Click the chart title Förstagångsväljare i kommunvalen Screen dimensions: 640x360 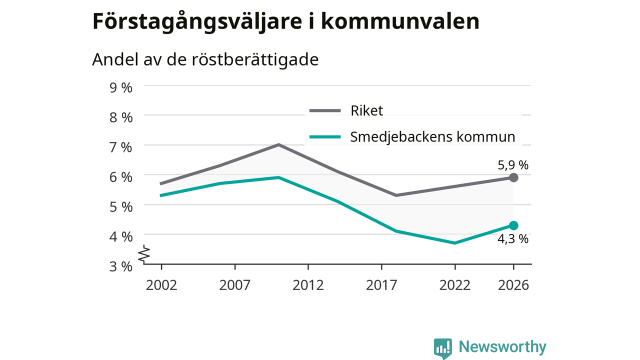pos(285,21)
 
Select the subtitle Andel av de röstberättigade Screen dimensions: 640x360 pos(205,59)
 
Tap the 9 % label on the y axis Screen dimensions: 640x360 pos(121,87)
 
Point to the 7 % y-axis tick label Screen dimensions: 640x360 pos(121,147)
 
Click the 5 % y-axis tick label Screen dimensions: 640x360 pos(121,206)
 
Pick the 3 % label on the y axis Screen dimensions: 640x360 pos(121,266)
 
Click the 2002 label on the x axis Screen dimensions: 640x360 pos(161,285)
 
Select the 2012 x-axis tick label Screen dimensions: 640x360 pos(308,285)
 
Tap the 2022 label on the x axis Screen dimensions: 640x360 pos(454,285)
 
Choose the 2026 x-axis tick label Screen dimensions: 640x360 pos(513,285)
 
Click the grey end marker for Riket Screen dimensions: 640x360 pos(513,177)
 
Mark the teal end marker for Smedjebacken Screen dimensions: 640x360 pos(513,225)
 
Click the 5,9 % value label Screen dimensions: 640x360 pos(513,165)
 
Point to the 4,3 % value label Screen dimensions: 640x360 pos(513,239)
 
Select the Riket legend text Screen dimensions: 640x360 pos(366,110)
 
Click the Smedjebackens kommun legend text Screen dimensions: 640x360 pos(432,137)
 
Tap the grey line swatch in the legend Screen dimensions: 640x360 pos(325,110)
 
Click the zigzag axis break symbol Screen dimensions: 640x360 pos(144,253)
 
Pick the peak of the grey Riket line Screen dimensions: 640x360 pos(279,144)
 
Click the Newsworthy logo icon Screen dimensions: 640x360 pos(442,348)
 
